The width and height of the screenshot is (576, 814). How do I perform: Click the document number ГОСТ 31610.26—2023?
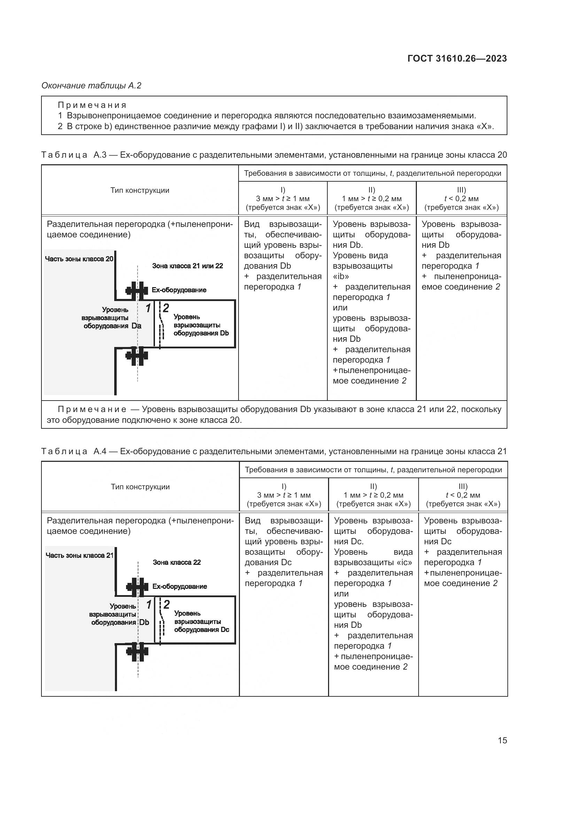click(457, 58)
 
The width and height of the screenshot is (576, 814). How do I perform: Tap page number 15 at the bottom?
click(502, 740)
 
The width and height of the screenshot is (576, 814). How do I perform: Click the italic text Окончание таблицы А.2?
click(92, 86)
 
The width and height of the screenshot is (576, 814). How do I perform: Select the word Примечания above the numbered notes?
click(92, 105)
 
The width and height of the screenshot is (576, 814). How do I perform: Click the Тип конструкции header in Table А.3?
click(140, 190)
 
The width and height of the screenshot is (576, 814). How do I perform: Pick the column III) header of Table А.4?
click(463, 495)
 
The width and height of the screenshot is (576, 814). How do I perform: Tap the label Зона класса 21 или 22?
click(187, 266)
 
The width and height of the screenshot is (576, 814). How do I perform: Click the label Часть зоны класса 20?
click(79, 259)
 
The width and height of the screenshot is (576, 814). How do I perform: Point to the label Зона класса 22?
click(177, 562)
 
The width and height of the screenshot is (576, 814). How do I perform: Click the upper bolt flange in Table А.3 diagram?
click(137, 291)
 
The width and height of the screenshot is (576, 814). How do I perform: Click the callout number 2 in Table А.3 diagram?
click(166, 308)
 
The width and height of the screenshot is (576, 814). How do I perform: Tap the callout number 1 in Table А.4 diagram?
click(149, 604)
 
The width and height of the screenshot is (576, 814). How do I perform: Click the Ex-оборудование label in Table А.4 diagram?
click(179, 586)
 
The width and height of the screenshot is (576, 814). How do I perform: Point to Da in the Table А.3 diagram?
click(136, 326)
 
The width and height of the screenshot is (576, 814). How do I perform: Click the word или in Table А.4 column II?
click(341, 593)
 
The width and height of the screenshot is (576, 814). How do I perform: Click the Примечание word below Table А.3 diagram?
click(92, 410)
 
